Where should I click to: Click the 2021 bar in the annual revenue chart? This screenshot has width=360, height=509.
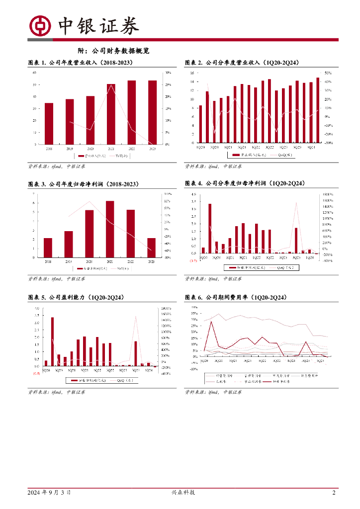coord(111,114)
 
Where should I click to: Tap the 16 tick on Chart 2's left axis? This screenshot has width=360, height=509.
coord(192,73)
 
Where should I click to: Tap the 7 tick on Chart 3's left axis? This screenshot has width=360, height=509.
coord(34,193)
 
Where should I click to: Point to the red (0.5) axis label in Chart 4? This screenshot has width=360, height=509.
coord(193,260)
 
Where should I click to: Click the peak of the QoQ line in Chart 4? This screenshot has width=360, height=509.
coord(296,202)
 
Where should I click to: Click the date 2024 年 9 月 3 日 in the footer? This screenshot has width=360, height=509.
coord(49,493)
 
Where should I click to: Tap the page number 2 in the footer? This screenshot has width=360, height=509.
coord(334,493)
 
